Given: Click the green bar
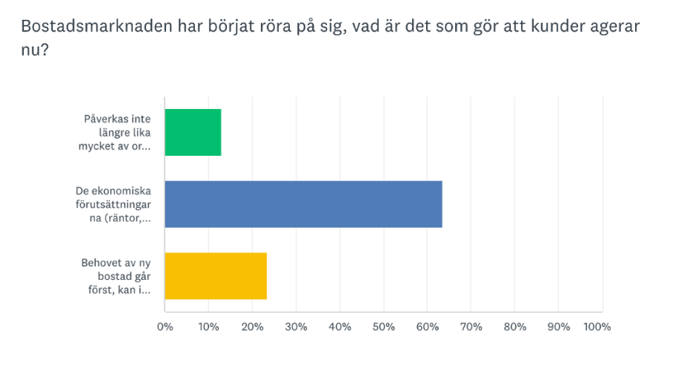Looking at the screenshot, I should (x=193, y=133).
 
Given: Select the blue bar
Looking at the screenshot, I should (x=303, y=205).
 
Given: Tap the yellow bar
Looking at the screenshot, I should (x=215, y=276).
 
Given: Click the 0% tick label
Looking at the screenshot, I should (x=165, y=327).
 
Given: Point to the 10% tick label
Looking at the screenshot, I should (x=208, y=327).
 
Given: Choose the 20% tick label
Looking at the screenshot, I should (x=253, y=327).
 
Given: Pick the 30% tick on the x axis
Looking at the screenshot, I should (x=296, y=327).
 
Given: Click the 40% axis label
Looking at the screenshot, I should (x=340, y=327).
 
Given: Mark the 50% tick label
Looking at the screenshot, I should (x=383, y=327).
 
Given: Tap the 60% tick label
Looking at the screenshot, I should (x=428, y=327).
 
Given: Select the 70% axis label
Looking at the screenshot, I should (x=471, y=327).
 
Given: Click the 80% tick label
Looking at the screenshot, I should (x=515, y=327).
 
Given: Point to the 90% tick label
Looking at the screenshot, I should (x=558, y=327).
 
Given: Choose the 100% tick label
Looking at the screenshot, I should (x=597, y=327).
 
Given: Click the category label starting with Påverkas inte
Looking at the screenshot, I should (x=117, y=132).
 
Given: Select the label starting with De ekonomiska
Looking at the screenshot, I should (x=113, y=204).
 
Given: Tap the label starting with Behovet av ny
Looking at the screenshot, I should (x=116, y=276).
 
